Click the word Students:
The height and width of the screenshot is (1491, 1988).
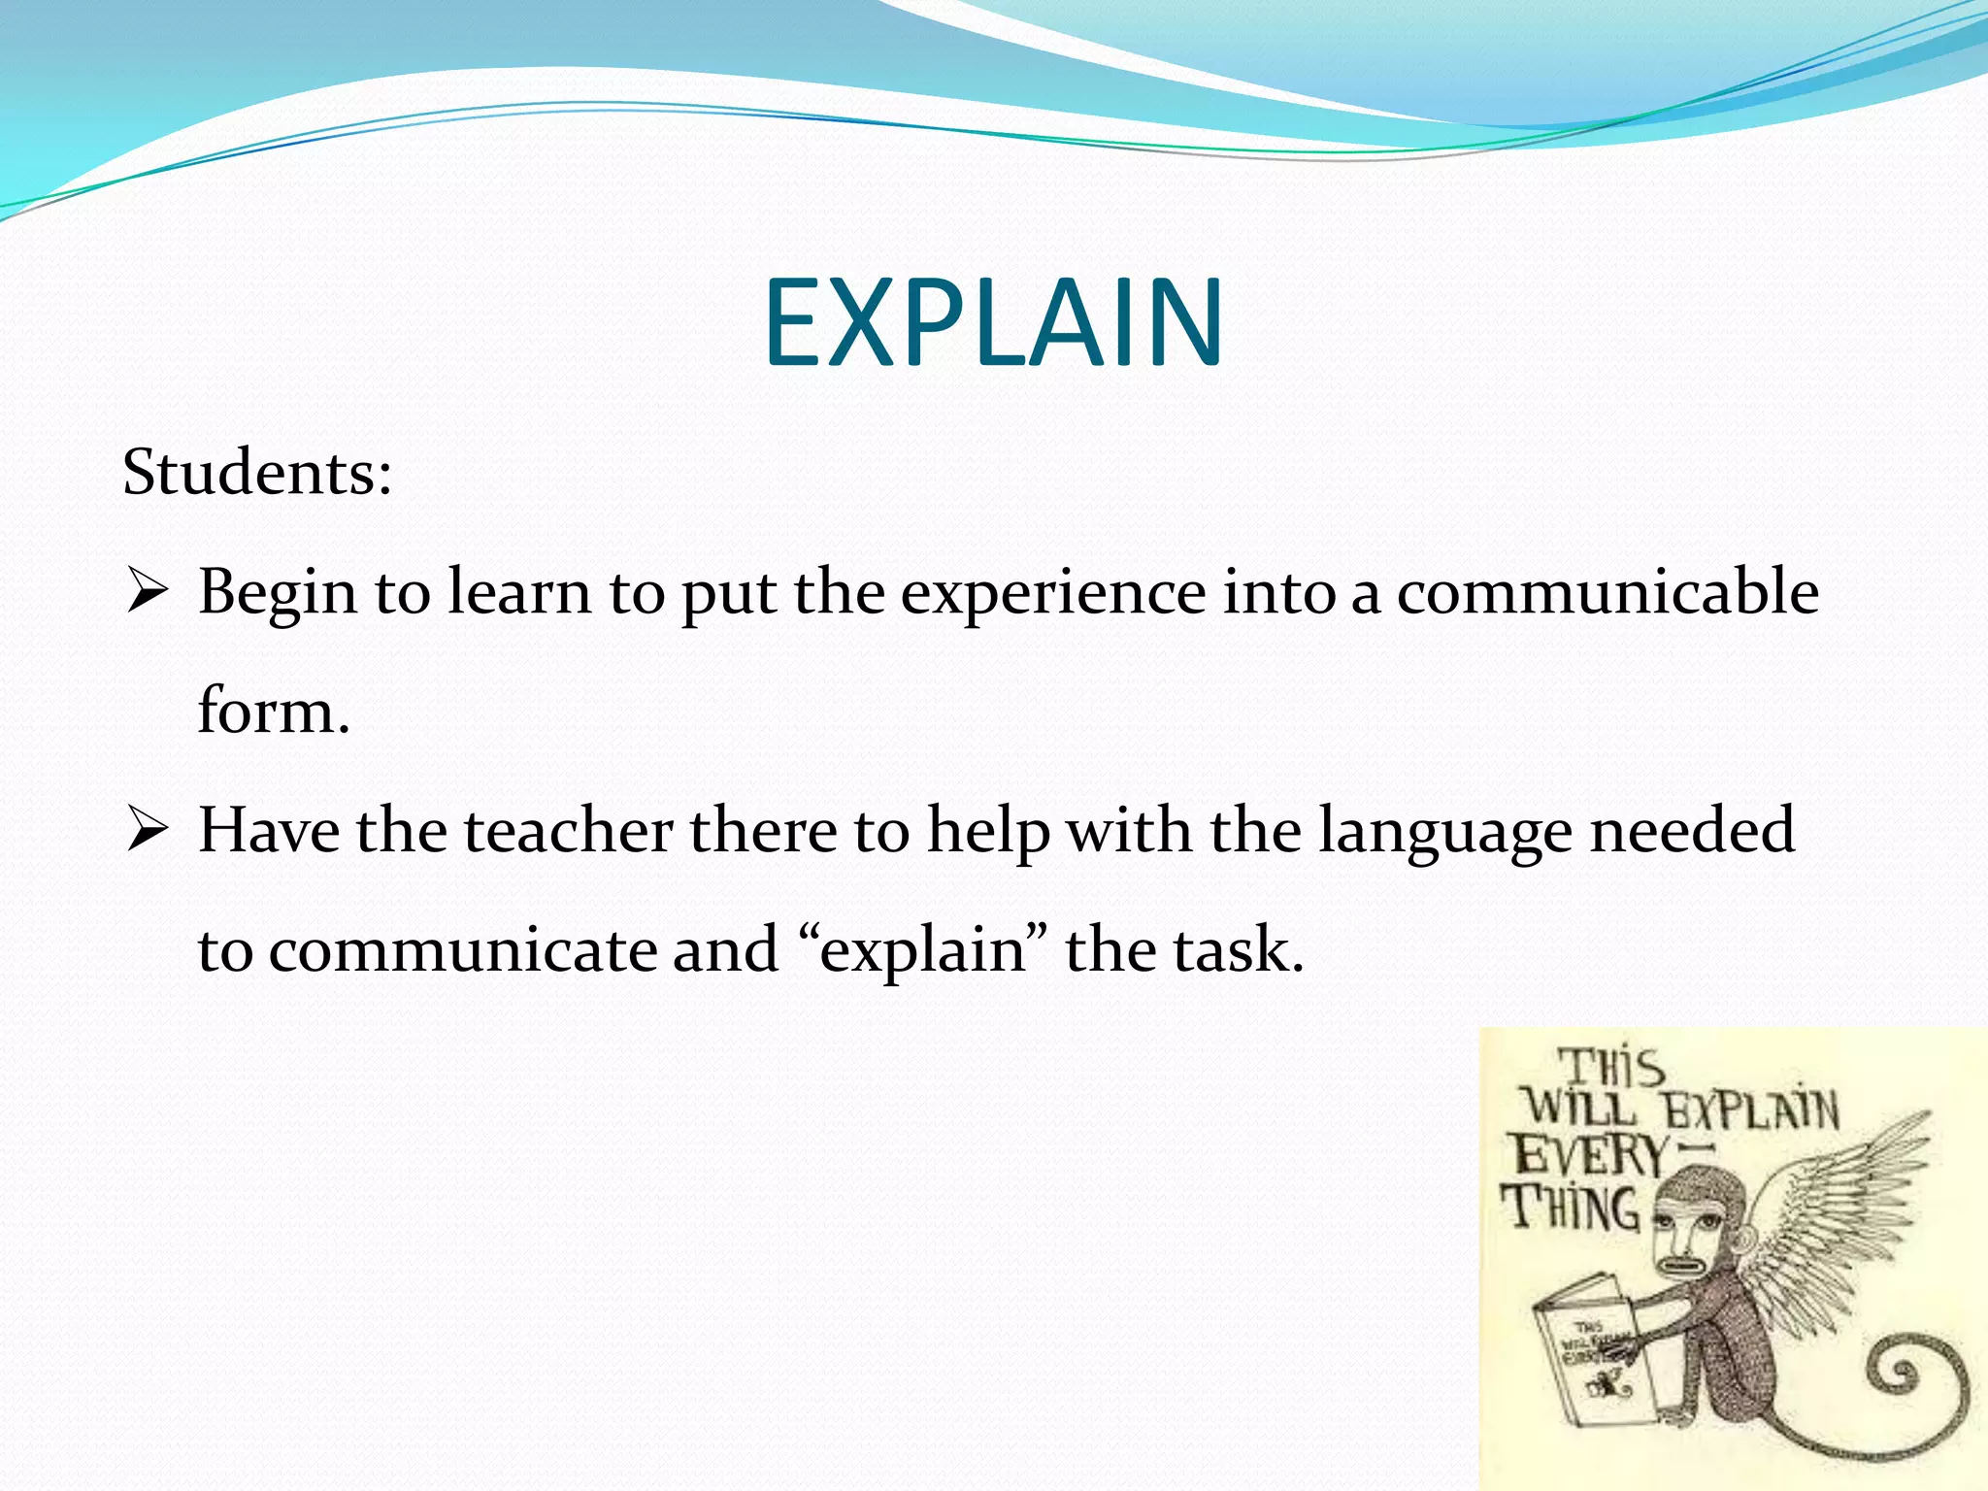(257, 473)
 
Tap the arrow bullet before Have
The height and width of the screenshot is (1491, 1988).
(148, 832)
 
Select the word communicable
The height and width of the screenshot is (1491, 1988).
(1607, 591)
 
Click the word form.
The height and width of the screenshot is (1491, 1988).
(273, 711)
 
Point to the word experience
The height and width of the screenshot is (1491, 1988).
(1053, 593)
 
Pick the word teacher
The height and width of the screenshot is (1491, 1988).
(568, 831)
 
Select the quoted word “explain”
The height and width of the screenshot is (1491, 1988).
(922, 950)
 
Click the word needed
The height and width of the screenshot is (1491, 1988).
(1692, 831)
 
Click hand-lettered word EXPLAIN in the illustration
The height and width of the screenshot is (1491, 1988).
(1752, 1110)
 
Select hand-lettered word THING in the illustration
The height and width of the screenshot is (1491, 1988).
(1571, 1209)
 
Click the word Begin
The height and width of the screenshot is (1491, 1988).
(278, 593)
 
